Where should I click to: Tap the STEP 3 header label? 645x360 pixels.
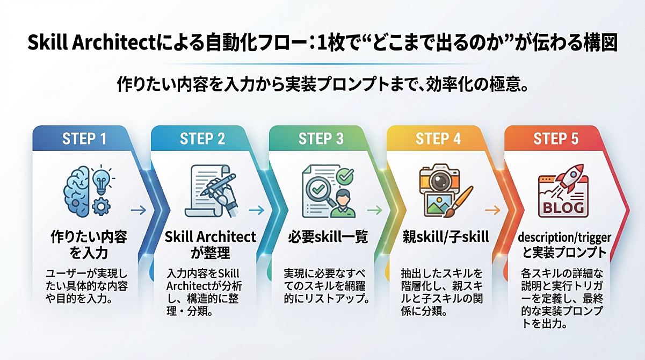pos(321,139)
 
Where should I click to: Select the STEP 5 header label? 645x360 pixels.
pos(556,139)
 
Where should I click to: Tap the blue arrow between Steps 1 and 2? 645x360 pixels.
pos(139,210)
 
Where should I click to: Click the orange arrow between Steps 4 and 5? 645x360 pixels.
pos(492,210)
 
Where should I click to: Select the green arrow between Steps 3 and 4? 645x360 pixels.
pos(374,210)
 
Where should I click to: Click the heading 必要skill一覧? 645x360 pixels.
pos(321,237)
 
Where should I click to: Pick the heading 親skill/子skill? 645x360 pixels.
pos(439,237)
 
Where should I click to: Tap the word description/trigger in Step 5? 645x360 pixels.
pos(564,237)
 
